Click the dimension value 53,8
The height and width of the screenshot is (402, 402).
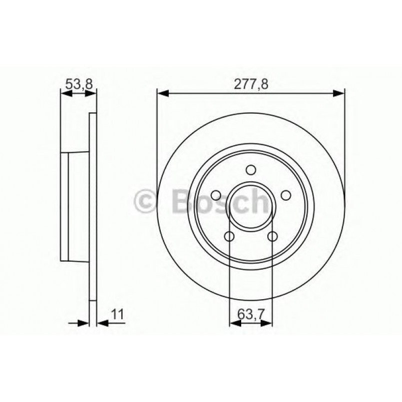pyautogui.click(x=78, y=84)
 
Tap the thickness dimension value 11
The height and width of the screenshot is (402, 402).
pyautogui.click(x=118, y=314)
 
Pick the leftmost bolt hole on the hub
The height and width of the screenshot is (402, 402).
pyautogui.click(x=215, y=195)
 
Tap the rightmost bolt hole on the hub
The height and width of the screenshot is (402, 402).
pyautogui.click(x=286, y=195)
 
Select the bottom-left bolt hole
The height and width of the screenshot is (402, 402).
pyautogui.click(x=229, y=236)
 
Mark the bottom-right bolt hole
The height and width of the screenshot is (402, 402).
pyautogui.click(x=272, y=236)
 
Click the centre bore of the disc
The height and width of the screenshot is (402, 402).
pyautogui.click(x=251, y=206)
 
